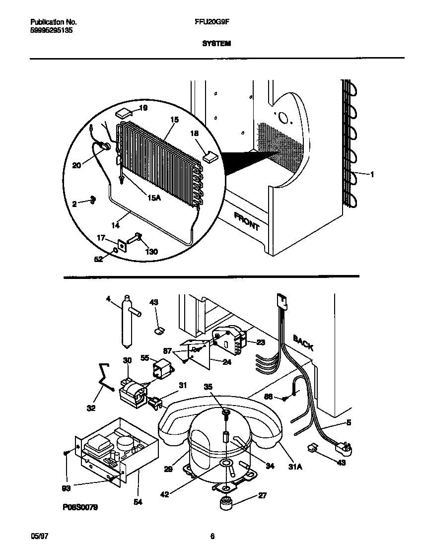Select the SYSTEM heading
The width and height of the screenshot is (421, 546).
coord(216,44)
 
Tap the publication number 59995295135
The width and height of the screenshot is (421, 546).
coord(48,30)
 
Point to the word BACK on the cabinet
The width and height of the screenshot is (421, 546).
coord(303,342)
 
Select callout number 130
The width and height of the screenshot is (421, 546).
coord(151,252)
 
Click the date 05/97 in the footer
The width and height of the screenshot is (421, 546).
coord(38,536)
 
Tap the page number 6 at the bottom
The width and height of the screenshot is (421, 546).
coord(212,536)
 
